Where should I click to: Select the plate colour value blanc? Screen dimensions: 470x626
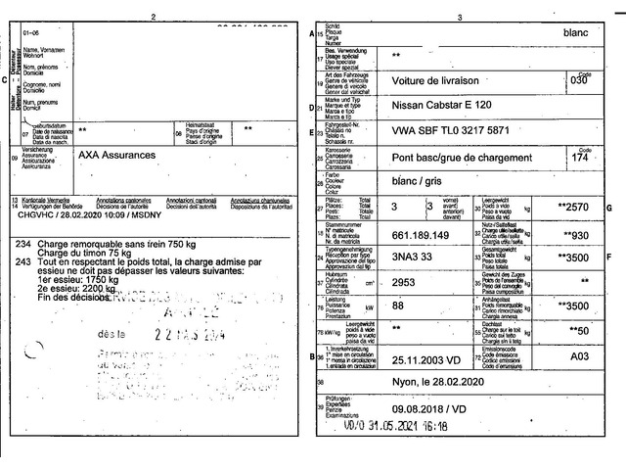(x=577, y=32)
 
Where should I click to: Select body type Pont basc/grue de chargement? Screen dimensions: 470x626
(x=462, y=157)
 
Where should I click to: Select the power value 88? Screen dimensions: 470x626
(x=397, y=306)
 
